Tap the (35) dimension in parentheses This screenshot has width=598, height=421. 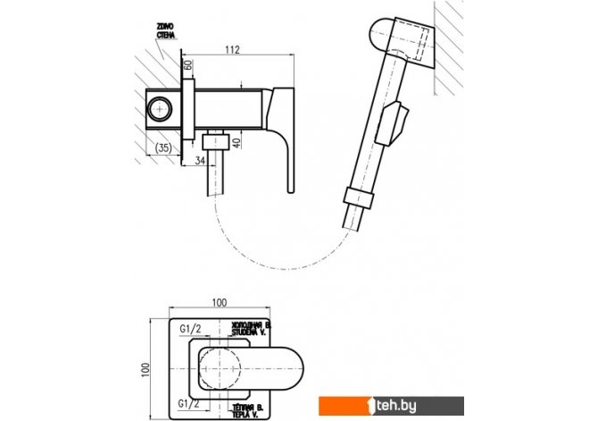[x=162, y=148]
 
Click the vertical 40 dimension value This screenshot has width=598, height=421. [x=237, y=142]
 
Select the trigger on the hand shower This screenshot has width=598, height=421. [x=392, y=122]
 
